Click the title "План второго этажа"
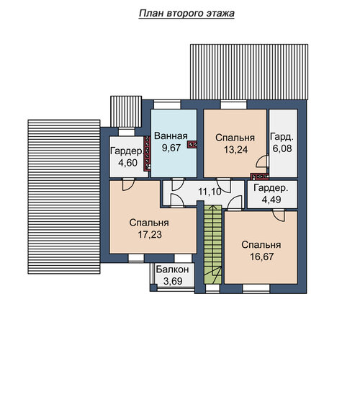coord(186,14)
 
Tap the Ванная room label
coord(171,136)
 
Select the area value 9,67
coord(171,148)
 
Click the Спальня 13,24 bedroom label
coord(235,143)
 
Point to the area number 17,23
coord(150,234)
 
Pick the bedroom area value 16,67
coord(261,257)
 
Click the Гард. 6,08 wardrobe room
coord(283,143)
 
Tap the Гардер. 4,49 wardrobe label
coord(271,194)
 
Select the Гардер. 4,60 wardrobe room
coord(128,157)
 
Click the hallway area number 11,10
coord(210,192)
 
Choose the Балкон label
coord(173,269)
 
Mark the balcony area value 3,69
coord(173,281)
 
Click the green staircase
coord(213,244)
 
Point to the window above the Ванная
coord(167,104)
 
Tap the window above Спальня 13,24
coord(233,104)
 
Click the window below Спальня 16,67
coord(256,288)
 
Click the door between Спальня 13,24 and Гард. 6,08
coord(262,161)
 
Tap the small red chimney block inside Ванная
coord(192,145)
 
